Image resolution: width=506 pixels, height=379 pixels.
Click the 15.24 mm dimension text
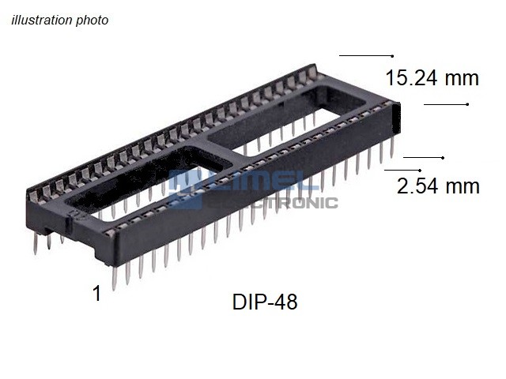[x=432, y=78]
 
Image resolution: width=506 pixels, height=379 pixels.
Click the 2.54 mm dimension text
[x=438, y=186]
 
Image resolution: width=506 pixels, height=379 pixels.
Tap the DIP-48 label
[x=265, y=302]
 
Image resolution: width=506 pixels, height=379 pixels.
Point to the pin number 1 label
[x=96, y=293]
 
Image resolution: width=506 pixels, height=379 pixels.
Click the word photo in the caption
[x=92, y=21]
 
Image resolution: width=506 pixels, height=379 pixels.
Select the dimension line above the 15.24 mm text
[x=366, y=56]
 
